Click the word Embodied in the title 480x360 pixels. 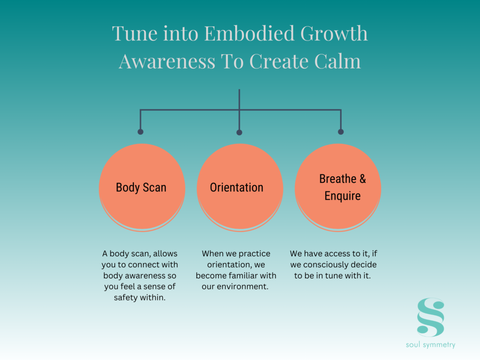click(249, 33)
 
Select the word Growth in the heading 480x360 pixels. click(334, 33)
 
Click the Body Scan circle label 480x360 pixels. click(141, 187)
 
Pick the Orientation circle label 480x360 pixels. click(237, 187)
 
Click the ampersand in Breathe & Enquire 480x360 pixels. click(363, 179)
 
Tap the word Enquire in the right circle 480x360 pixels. click(343, 196)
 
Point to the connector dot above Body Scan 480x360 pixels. click(141, 132)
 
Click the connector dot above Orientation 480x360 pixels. click(240, 132)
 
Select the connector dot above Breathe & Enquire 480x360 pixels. click(341, 132)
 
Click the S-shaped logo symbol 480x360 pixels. click(431, 317)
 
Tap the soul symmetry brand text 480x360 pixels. click(430, 345)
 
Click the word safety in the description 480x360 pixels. click(124, 297)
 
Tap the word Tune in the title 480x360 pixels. click(135, 33)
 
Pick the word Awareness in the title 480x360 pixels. click(167, 61)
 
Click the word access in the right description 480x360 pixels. click(338, 254)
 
